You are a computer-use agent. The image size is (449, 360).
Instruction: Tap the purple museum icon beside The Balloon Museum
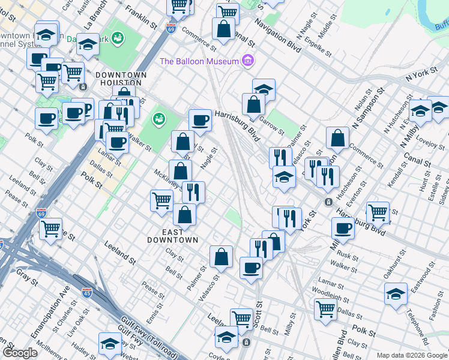247,61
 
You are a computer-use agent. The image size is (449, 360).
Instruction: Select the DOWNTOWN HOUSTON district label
121,79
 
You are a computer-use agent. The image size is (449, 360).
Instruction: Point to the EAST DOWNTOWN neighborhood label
173,236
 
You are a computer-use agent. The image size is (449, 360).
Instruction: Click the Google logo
20,353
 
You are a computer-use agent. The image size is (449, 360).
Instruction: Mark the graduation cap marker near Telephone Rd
395,294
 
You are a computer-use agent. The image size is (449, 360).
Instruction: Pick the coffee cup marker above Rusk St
343,227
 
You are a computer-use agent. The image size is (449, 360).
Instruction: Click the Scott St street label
258,313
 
